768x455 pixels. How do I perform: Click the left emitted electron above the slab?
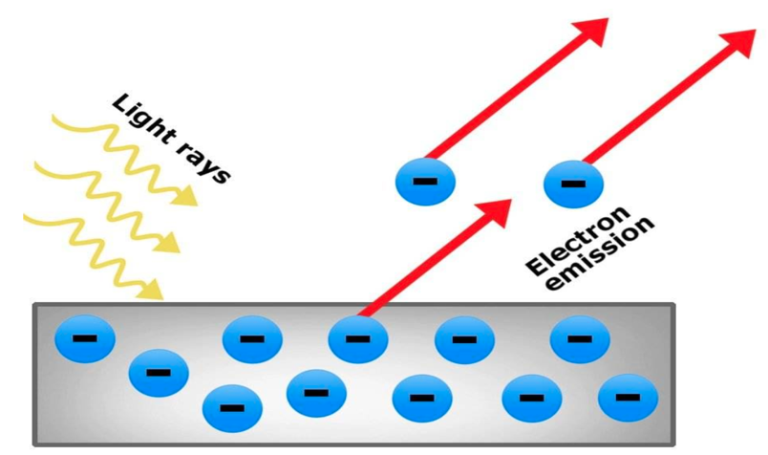(x=425, y=181)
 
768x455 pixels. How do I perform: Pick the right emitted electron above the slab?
(x=573, y=184)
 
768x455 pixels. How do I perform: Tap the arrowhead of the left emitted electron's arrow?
(x=594, y=30)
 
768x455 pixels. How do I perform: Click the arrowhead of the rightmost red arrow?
(x=741, y=43)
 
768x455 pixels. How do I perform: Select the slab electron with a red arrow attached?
(x=357, y=338)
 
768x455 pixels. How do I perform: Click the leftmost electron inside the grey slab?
(x=85, y=337)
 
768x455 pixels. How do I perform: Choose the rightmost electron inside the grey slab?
(x=628, y=398)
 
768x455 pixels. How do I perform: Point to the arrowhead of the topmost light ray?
(x=186, y=196)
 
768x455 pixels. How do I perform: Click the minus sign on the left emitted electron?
(x=425, y=181)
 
